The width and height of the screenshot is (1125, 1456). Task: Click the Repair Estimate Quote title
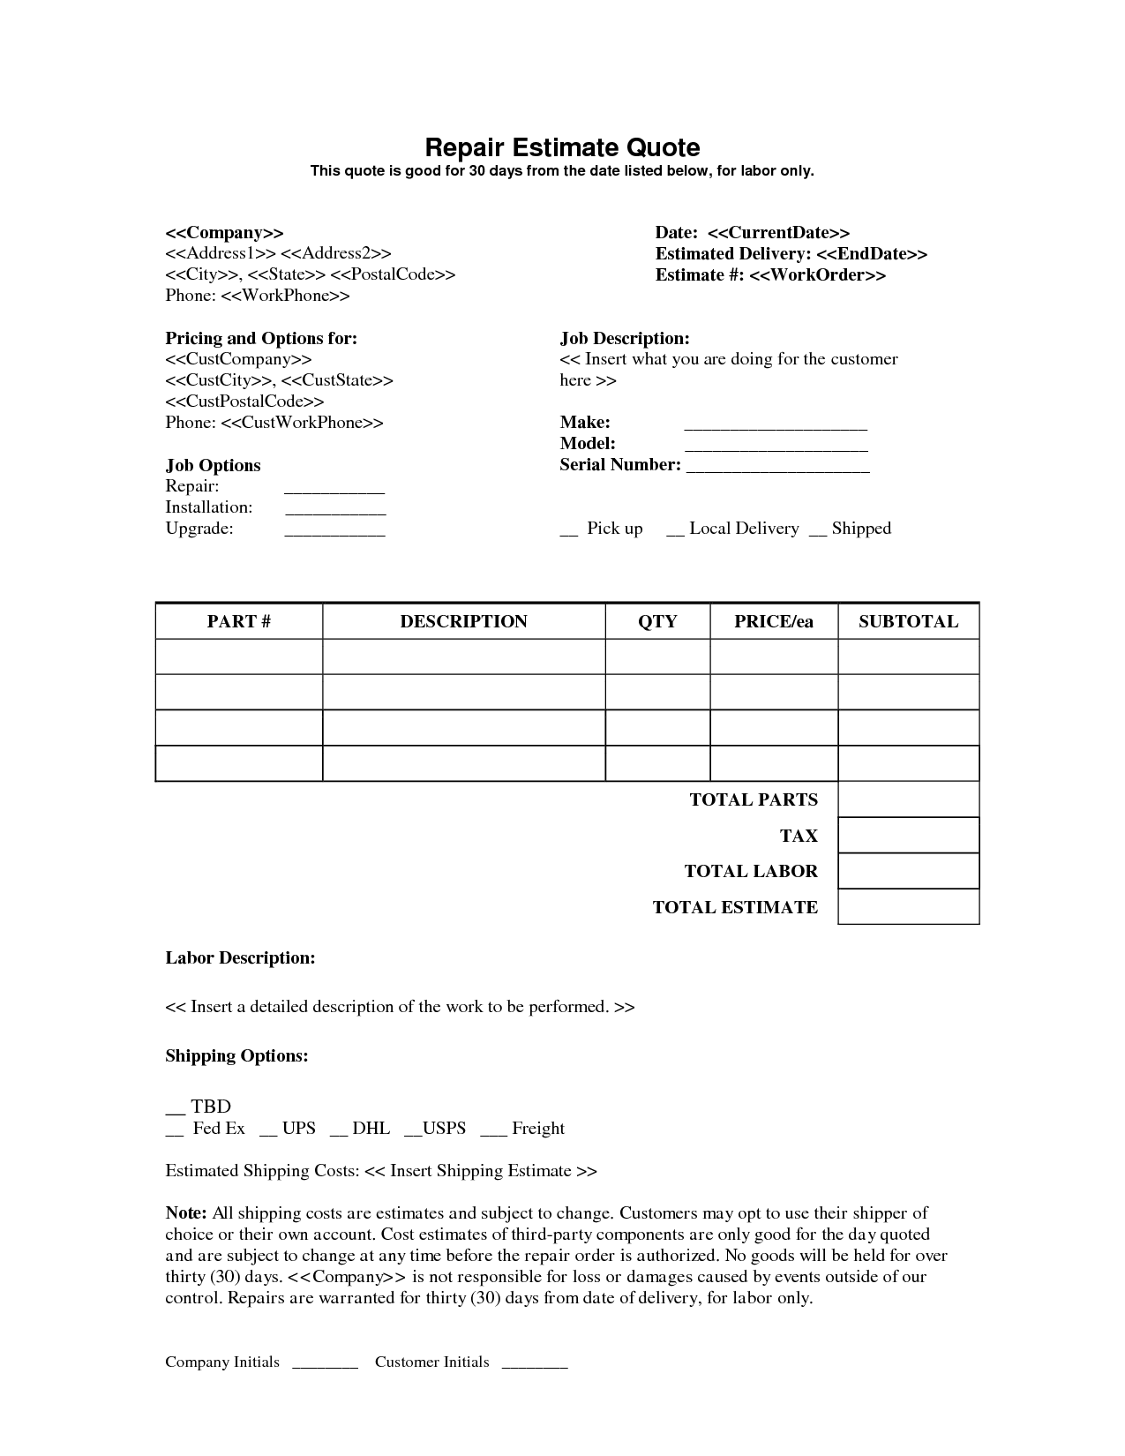tap(562, 147)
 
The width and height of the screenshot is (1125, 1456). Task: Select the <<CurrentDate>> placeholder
tap(778, 233)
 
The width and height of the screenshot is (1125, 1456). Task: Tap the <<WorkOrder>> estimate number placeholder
tap(817, 275)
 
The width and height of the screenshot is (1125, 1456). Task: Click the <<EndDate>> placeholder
tap(871, 254)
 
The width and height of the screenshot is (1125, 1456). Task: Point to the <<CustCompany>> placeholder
tap(238, 359)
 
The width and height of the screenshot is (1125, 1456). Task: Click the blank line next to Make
tap(776, 425)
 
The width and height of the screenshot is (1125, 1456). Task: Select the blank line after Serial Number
tap(777, 468)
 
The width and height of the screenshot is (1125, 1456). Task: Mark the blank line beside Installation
tap(334, 510)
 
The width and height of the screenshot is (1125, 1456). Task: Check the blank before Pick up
tap(569, 531)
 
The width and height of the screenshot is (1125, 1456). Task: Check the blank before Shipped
tap(818, 531)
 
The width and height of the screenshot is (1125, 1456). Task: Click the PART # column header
tap(239, 621)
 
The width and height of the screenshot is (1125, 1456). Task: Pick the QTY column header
tap(657, 621)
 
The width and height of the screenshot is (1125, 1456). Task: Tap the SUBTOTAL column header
tap(908, 621)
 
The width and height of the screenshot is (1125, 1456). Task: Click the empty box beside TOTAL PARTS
tap(908, 799)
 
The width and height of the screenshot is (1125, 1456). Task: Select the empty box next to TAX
tap(908, 835)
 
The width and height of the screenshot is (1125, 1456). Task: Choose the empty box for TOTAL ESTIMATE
tap(908, 906)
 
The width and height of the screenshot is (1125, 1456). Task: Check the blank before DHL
tap(338, 1131)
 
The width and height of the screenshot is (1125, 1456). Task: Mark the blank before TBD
tap(175, 1110)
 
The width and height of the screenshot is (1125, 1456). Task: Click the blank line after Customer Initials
tap(534, 1365)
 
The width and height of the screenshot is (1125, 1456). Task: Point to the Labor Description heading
tap(240, 958)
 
